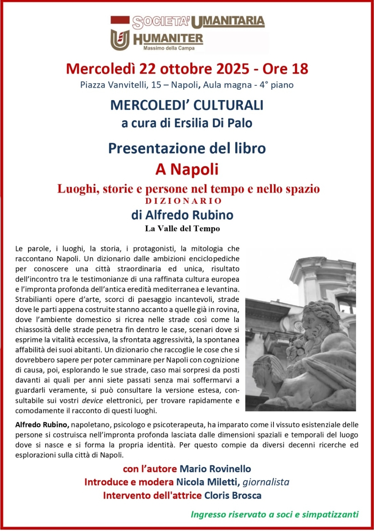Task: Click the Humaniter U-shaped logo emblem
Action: click(x=120, y=39)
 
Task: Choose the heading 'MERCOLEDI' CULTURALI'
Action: click(x=187, y=105)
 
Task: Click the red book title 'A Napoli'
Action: click(x=187, y=170)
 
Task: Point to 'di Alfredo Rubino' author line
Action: click(x=182, y=215)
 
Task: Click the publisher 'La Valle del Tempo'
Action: click(x=182, y=229)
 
